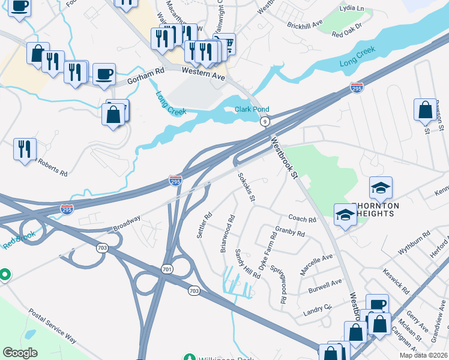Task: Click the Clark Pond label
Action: (252, 109)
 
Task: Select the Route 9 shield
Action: (264, 122)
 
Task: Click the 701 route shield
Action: (167, 270)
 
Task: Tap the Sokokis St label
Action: (247, 187)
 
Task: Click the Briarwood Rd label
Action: (227, 234)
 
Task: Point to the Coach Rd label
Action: (301, 219)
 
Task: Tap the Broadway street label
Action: (127, 224)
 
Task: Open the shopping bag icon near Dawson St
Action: (425, 110)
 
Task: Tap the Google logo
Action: (20, 353)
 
